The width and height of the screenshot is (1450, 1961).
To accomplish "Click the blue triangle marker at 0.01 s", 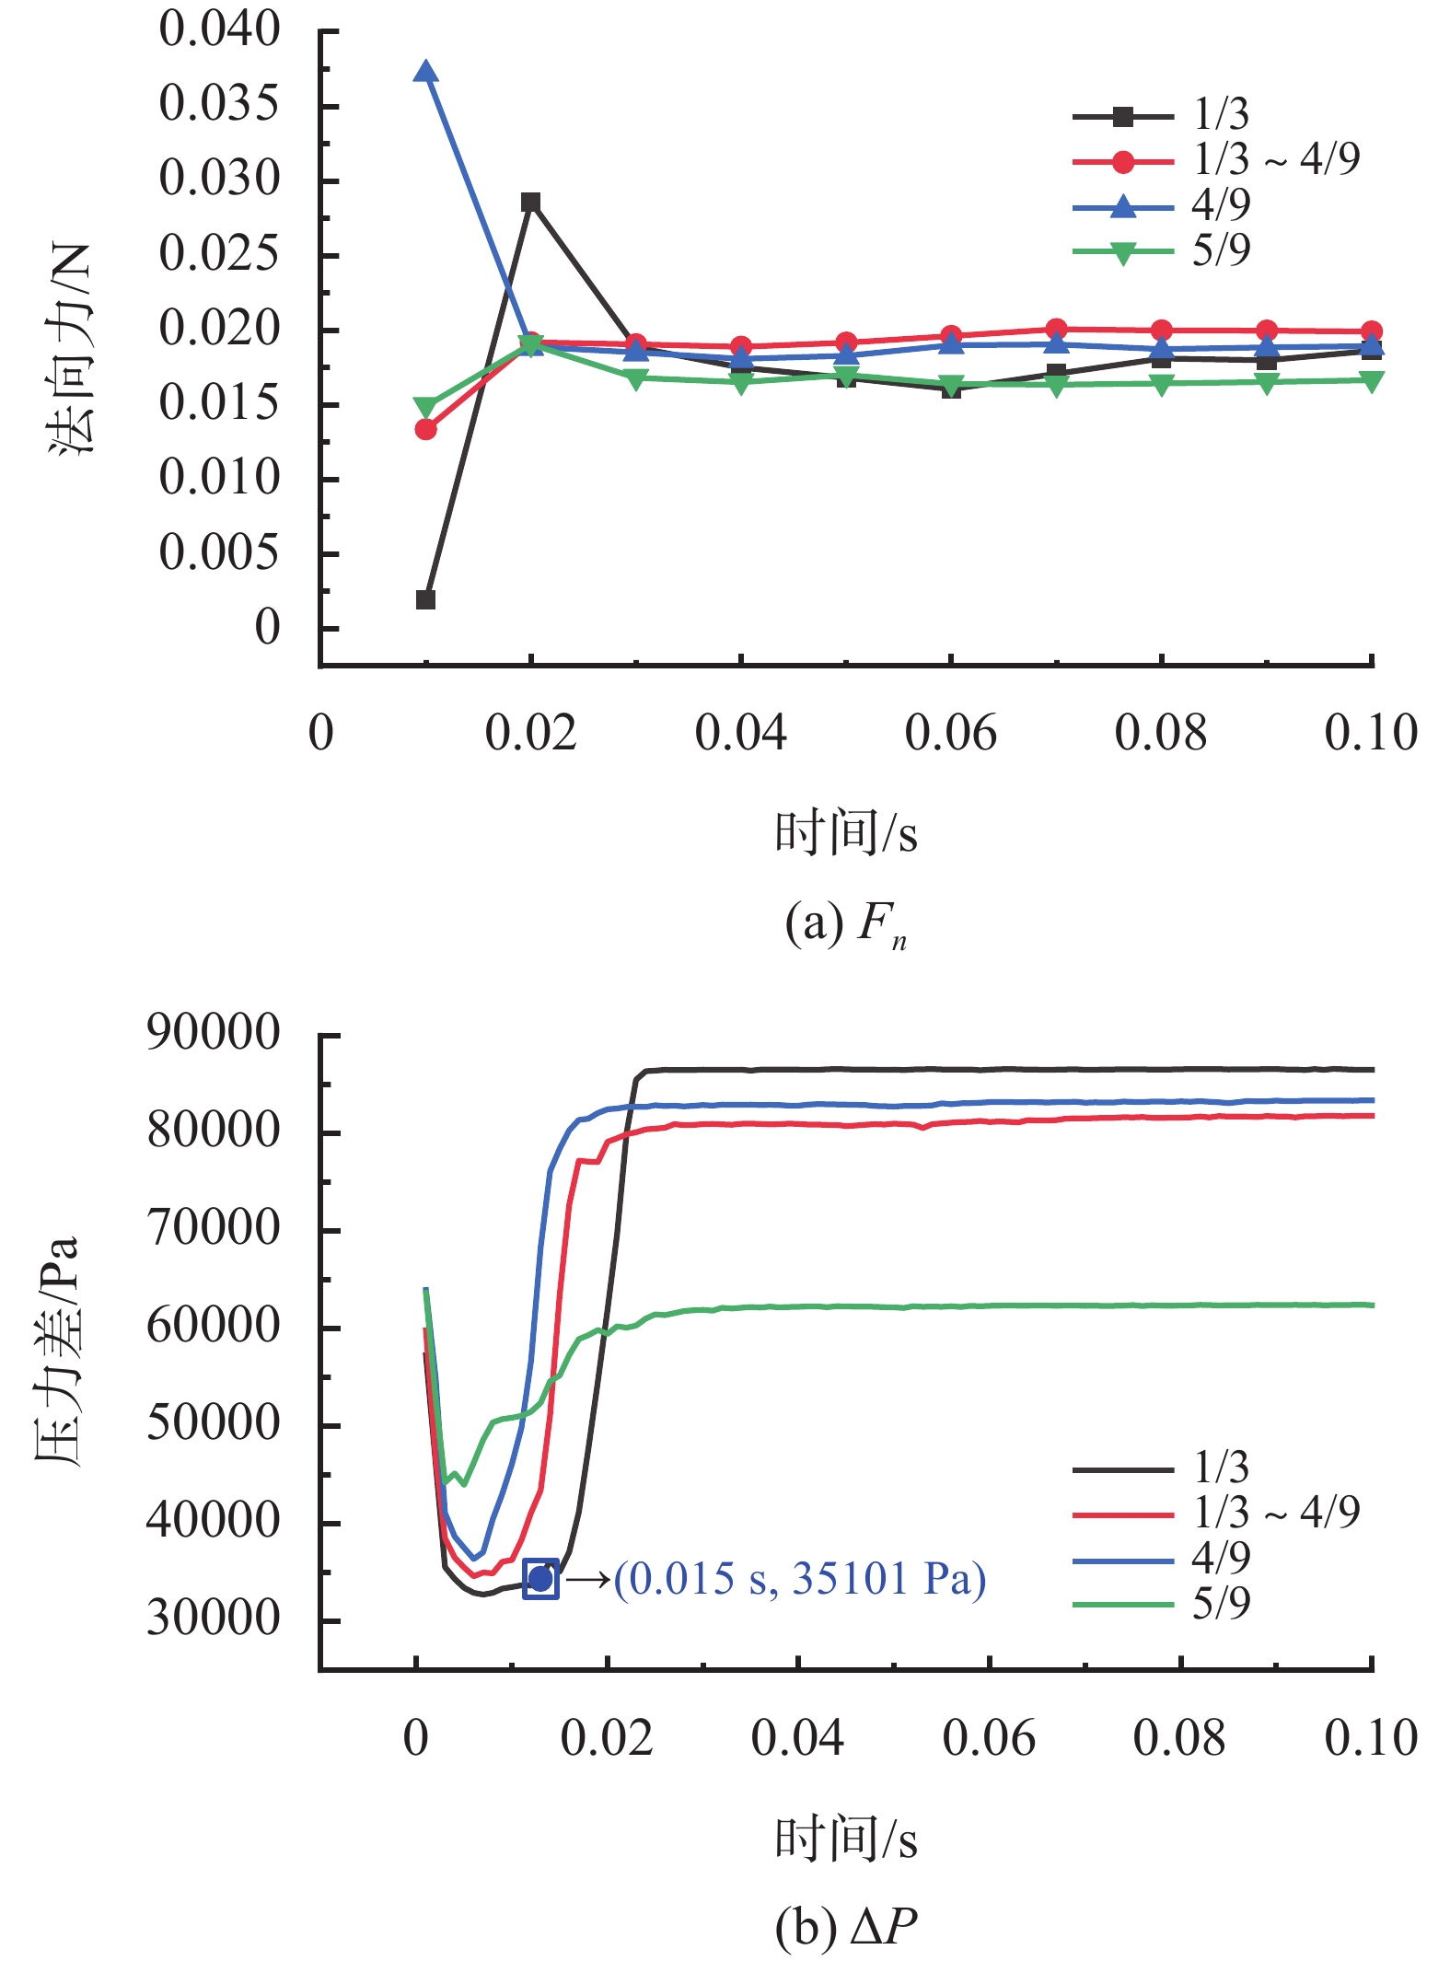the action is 425,72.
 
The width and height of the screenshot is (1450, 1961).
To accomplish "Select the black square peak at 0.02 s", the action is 530,203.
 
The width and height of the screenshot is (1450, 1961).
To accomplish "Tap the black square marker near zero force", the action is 425,600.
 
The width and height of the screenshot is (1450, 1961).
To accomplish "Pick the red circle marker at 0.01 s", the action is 425,430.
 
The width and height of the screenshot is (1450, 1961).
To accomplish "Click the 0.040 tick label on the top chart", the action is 219,29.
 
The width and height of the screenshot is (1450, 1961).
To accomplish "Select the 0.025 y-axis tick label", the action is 219,254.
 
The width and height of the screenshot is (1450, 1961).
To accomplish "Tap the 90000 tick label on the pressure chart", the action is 214,1033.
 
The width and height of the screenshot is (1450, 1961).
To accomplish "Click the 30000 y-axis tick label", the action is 214,1619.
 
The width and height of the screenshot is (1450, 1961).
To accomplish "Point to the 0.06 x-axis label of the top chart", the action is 951,733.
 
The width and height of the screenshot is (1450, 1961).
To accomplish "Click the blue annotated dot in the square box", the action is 540,1579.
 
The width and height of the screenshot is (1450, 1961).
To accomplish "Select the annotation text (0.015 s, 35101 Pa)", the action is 800,1579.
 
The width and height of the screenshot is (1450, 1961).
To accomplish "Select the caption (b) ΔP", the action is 846,1926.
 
